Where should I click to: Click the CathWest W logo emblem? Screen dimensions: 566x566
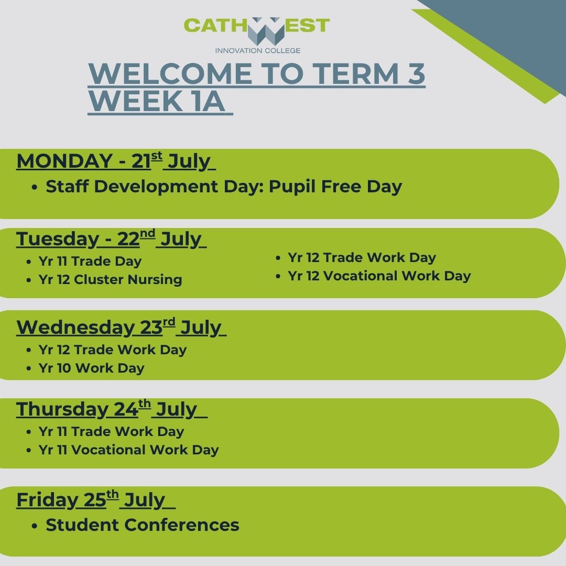point(266,31)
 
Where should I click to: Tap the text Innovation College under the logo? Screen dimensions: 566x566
point(258,50)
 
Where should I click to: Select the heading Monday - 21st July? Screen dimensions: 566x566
point(116,161)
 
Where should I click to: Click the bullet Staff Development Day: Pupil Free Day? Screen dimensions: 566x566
point(223,187)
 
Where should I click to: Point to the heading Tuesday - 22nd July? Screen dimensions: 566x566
point(111,238)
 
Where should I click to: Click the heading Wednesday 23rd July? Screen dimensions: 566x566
point(121,327)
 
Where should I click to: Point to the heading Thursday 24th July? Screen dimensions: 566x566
point(112,409)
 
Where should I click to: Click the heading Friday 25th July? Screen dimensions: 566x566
point(96,499)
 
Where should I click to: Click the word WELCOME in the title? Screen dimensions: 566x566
point(170,73)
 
